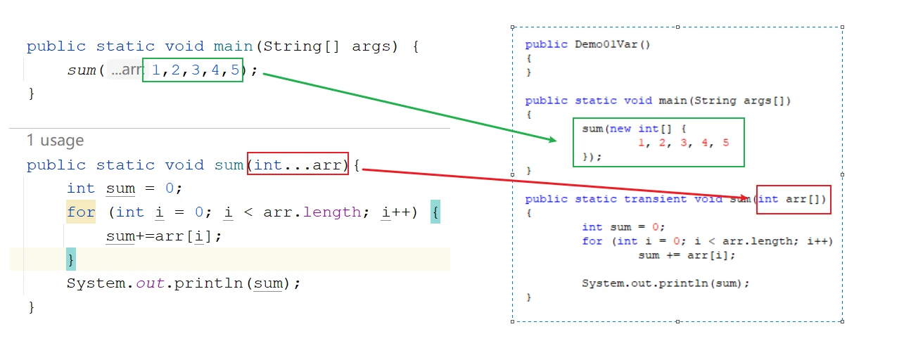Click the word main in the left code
click(234, 46)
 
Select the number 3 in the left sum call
click(196, 70)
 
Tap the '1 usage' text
click(56, 140)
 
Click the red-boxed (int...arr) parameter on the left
click(298, 164)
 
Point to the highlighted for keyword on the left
click(81, 212)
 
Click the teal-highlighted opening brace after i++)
click(435, 212)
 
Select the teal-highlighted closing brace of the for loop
click(71, 259)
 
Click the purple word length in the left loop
click(332, 212)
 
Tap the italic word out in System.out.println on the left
click(150, 283)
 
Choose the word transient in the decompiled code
click(655, 199)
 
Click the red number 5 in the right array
click(725, 143)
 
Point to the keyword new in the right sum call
click(620, 129)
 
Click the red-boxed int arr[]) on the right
click(793, 200)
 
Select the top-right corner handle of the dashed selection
click(842, 27)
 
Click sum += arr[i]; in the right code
click(687, 255)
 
